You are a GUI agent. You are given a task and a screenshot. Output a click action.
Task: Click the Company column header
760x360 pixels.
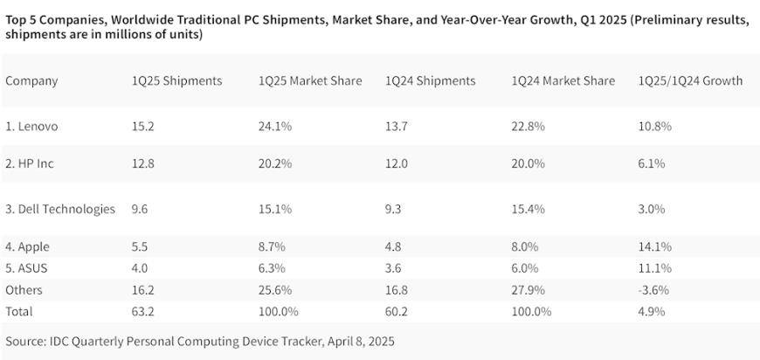click(x=31, y=80)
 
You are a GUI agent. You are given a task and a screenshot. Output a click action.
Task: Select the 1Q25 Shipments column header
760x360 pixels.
click(x=176, y=80)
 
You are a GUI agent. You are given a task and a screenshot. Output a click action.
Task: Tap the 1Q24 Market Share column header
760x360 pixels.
click(x=563, y=80)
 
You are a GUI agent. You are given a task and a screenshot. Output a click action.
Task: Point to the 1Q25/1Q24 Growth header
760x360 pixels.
click(x=690, y=80)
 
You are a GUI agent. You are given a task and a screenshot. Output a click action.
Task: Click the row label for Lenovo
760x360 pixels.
click(x=31, y=126)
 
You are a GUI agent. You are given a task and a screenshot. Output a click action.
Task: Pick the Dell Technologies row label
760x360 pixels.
click(x=60, y=209)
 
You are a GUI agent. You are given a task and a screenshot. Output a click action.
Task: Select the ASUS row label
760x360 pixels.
click(x=26, y=268)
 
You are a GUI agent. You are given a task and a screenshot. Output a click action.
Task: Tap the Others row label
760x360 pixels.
click(x=24, y=289)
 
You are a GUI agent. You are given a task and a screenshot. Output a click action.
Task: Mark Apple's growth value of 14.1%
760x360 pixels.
click(x=655, y=247)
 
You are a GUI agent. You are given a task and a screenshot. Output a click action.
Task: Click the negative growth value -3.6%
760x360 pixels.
click(x=655, y=289)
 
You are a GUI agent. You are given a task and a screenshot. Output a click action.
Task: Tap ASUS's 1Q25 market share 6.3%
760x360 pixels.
click(x=273, y=268)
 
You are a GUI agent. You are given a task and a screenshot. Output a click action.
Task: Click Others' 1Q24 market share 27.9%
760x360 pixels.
click(x=529, y=289)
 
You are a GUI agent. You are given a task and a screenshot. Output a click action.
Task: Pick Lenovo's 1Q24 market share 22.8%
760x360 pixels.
click(x=529, y=126)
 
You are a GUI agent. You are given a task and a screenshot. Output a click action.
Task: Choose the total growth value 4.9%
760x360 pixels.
click(x=652, y=310)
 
